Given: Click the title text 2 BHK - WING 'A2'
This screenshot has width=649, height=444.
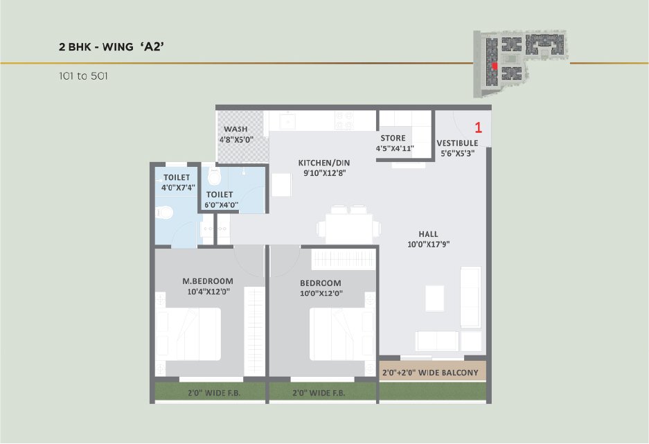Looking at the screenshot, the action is point(112,46).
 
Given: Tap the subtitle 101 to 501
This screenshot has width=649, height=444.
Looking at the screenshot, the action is point(83,76).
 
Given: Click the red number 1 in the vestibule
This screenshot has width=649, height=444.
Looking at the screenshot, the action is point(478,127).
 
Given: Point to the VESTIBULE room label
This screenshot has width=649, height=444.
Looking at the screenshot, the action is point(457,143).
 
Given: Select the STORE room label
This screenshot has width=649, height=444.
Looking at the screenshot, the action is point(393,138).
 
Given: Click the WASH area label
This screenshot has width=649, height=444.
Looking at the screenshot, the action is point(235,129).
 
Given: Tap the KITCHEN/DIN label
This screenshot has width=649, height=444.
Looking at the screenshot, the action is point(324,163).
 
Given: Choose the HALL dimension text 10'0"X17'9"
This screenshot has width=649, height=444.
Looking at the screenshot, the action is point(428,244).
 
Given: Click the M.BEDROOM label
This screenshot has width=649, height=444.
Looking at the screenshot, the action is point(208,281).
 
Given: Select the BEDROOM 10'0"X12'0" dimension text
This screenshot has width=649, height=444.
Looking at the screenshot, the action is point(321,294).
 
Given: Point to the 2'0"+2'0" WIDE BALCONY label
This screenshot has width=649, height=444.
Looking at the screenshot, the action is point(430,373).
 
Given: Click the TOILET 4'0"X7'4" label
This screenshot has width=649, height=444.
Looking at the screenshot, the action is point(178,182).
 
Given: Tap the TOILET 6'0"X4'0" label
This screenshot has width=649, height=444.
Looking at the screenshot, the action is point(221,199).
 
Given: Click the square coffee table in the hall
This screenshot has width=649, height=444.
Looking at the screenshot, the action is point(434,299).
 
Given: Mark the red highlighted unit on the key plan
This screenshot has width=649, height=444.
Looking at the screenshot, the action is point(495,66).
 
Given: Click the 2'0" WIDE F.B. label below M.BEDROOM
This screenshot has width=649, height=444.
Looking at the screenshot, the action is point(214,393).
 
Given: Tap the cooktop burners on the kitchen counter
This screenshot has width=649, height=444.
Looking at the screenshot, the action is point(344,120).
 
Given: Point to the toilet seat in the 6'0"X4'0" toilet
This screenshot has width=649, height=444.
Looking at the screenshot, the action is point(215,177).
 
